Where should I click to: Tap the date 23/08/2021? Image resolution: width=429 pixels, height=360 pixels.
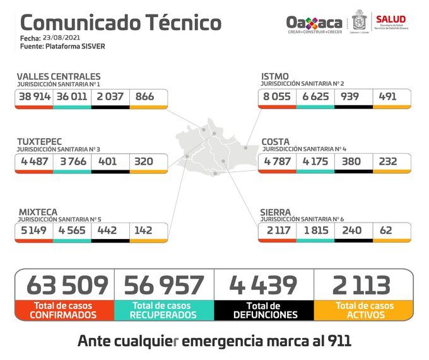click(57, 38)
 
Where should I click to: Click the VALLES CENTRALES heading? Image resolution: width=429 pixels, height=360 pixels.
click(58, 76)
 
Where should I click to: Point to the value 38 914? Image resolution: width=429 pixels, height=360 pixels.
click(34, 96)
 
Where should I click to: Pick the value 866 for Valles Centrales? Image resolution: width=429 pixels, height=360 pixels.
click(144, 96)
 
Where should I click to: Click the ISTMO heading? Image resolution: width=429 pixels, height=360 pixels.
click(275, 76)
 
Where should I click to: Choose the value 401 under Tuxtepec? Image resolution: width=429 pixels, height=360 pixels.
click(107, 161)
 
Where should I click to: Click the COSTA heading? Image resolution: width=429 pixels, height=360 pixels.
click(276, 141)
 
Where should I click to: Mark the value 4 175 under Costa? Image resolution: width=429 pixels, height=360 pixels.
click(314, 161)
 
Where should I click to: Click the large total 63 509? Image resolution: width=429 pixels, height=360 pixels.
click(68, 286)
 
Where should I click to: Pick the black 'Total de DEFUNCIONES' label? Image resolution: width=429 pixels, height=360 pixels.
click(264, 310)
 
